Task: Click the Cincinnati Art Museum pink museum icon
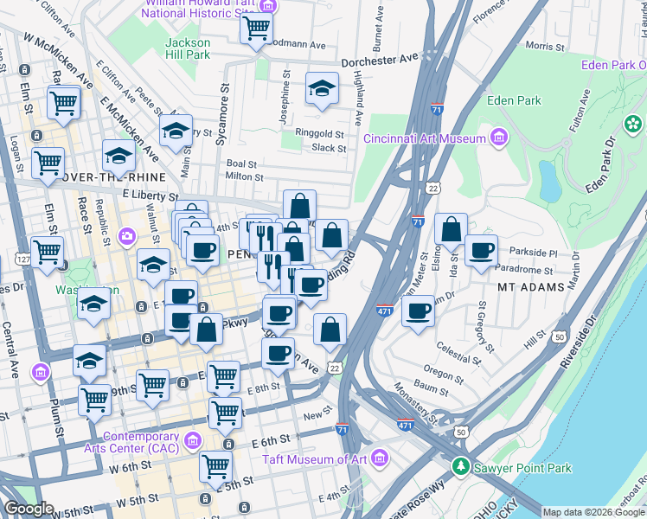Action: [498, 138]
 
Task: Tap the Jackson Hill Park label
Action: [188, 48]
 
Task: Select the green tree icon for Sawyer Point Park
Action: [460, 468]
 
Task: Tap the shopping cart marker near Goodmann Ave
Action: [257, 29]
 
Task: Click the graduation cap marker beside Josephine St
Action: [322, 88]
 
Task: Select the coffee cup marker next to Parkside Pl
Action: [481, 251]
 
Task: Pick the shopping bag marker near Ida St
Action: [451, 230]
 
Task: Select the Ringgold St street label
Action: [320, 134]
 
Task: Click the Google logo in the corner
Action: [29, 508]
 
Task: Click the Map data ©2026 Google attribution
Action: [593, 512]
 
